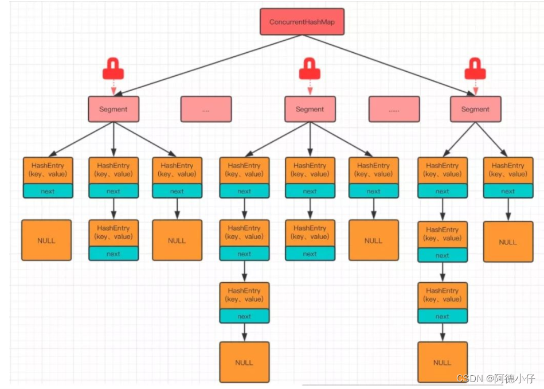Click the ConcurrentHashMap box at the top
click(302, 22)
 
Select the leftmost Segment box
click(114, 109)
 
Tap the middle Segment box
click(310, 109)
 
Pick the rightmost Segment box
click(475, 109)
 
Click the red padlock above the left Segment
click(113, 69)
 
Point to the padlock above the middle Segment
click(310, 69)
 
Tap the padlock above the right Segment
click(475, 69)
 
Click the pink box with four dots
click(206, 109)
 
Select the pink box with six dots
click(394, 109)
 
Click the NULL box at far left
click(46, 240)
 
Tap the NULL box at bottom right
click(442, 362)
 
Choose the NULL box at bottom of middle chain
click(244, 362)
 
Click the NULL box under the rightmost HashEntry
click(508, 242)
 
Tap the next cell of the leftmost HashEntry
click(48, 192)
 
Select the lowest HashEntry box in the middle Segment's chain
click(244, 295)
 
